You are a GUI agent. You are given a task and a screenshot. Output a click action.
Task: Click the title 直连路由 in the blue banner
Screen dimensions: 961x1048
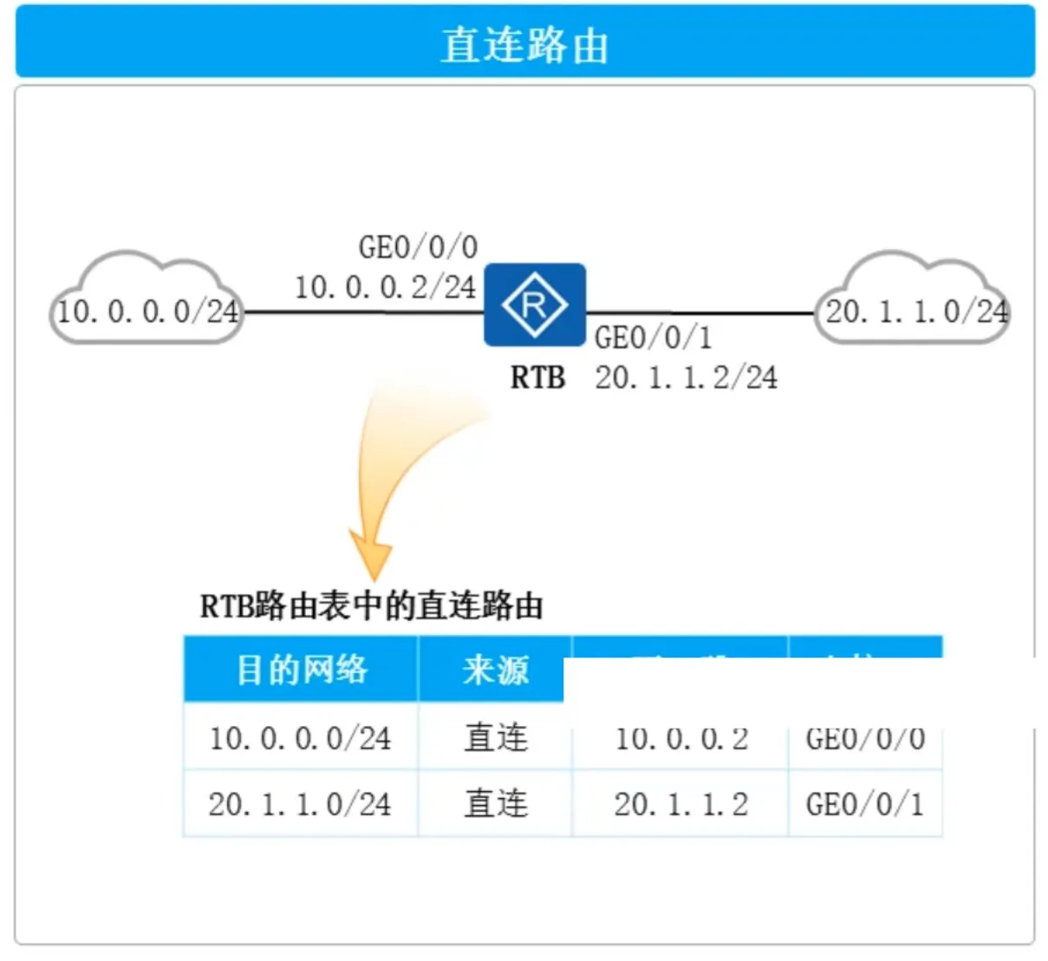524,45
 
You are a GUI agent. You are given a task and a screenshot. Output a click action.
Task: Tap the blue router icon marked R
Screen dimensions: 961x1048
534,304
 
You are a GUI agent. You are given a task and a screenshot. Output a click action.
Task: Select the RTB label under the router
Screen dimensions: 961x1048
537,378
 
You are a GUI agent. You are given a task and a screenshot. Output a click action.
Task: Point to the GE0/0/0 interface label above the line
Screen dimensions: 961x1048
418,248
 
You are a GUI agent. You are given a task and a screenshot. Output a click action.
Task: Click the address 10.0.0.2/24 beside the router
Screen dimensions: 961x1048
385,287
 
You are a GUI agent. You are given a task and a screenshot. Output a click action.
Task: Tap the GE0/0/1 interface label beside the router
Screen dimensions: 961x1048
653,337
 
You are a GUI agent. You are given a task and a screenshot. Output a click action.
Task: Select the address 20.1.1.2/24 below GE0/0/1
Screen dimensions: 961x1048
686,378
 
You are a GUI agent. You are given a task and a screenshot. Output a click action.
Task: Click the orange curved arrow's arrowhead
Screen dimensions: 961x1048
372,555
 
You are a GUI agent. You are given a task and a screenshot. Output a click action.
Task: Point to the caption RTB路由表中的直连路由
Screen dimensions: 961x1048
371,606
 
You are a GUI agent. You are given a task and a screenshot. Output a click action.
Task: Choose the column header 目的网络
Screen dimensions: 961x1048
301,670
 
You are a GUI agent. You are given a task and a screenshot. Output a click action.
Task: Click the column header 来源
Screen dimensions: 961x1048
495,670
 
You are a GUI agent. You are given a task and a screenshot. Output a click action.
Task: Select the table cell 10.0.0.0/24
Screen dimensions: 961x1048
300,738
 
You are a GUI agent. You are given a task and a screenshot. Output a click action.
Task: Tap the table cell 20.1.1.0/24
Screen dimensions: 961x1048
300,804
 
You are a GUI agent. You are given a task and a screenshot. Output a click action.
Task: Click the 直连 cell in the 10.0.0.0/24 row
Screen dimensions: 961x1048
495,738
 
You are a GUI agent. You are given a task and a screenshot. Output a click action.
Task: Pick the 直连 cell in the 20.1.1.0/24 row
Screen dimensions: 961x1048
495,804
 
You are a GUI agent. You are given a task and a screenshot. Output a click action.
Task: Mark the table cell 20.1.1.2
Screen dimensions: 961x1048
680,804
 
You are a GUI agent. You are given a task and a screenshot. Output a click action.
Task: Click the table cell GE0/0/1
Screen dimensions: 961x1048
864,804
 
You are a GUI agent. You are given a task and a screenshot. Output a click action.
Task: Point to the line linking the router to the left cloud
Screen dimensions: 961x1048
364,311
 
